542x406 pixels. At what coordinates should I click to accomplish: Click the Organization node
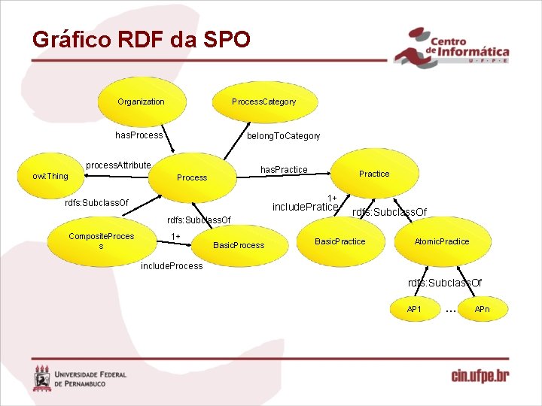coord(141,101)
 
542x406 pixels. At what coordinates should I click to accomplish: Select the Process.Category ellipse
coord(263,101)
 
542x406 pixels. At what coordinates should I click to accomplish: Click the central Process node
coord(191,177)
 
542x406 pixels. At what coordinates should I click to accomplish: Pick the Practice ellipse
coord(374,174)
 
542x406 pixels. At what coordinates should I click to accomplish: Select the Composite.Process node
coord(101,241)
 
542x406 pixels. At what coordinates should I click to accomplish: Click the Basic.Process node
coord(239,245)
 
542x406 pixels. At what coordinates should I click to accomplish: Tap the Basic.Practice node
coord(340,241)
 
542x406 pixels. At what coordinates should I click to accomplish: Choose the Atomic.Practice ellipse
coord(441,241)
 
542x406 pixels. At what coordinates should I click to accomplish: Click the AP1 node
coord(414,309)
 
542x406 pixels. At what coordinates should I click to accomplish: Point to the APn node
coord(482,309)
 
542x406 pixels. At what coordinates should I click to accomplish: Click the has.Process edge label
coord(139,135)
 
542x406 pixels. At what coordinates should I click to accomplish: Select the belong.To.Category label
coord(284,136)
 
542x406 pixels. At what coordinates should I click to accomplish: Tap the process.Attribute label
coord(118,165)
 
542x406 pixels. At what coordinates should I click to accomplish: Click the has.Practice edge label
coord(284,170)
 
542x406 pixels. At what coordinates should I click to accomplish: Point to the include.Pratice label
coord(305,207)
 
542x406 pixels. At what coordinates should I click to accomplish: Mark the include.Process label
coord(172,265)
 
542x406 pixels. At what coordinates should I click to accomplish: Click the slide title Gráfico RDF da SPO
coord(141,39)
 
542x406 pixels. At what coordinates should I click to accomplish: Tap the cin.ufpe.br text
coord(480,375)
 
